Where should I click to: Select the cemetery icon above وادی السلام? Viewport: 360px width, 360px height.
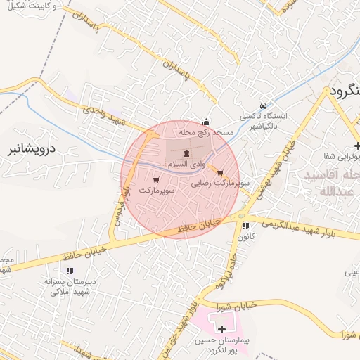pos(186,153)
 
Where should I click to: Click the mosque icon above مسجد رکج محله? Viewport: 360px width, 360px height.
pos(205,121)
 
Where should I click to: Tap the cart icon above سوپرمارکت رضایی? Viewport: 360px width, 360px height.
pos(221,172)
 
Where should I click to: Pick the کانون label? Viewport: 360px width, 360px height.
pos(245,238)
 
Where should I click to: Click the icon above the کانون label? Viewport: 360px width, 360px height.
pos(245,226)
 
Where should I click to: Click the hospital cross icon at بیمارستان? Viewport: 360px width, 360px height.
pos(222,328)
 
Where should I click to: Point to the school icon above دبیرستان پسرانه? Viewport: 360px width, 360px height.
pos(69,271)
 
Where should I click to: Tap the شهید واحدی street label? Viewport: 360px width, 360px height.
pos(103,115)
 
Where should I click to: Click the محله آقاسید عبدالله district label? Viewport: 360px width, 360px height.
pos(328,181)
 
